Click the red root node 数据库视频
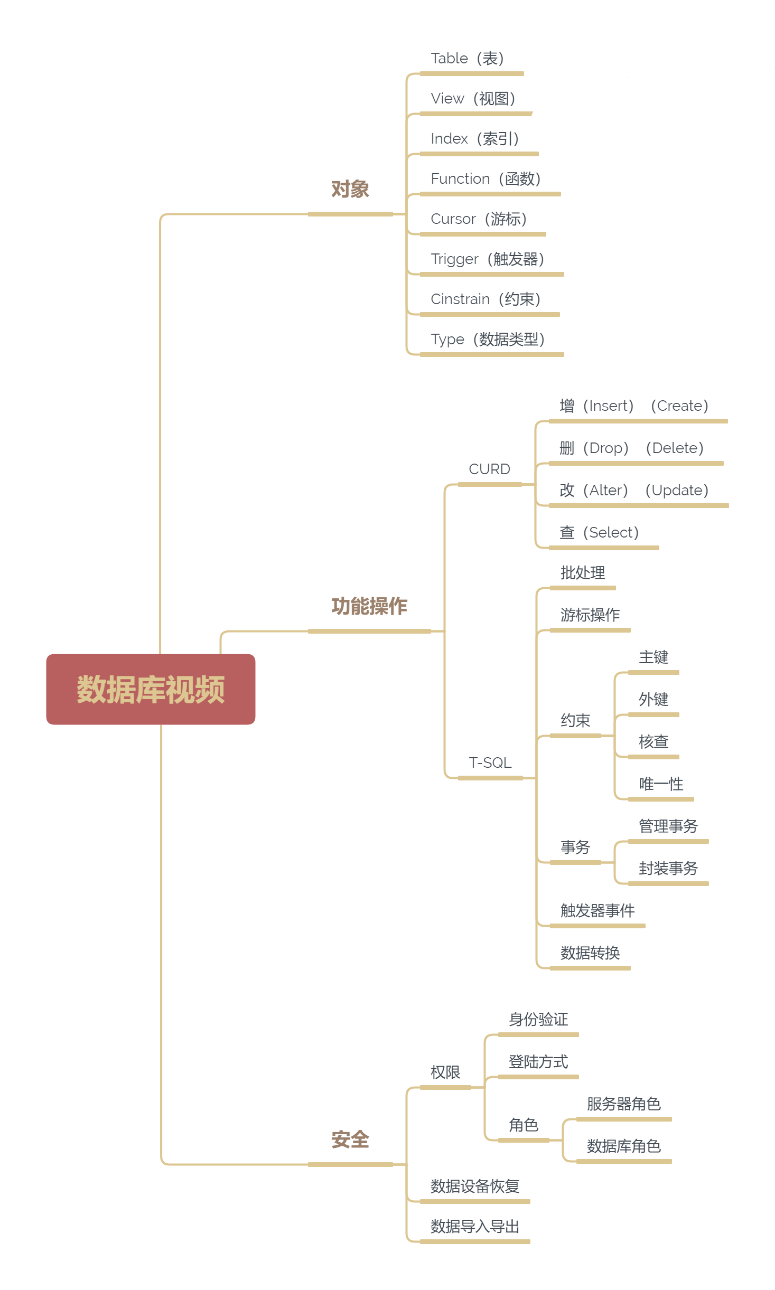click(151, 689)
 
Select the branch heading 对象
click(350, 189)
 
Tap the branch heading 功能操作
click(369, 606)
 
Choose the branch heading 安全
click(350, 1140)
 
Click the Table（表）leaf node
click(468, 59)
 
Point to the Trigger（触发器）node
click(488, 259)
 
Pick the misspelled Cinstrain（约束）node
click(485, 299)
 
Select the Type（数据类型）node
click(488, 340)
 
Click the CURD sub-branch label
click(489, 469)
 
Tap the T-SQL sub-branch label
click(490, 763)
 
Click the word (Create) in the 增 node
click(679, 406)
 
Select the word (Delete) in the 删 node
click(675, 448)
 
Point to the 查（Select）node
click(599, 533)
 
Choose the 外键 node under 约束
click(653, 700)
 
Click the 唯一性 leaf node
click(661, 784)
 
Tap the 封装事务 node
click(668, 869)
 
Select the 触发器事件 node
click(597, 911)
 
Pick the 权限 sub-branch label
click(445, 1072)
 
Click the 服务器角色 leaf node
click(624, 1104)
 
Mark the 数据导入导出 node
click(475, 1227)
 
